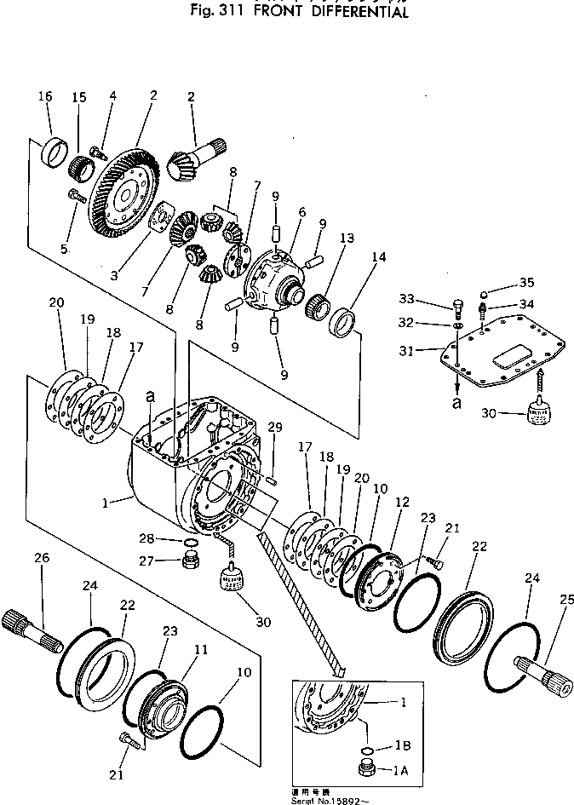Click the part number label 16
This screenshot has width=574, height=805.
pyautogui.click(x=44, y=97)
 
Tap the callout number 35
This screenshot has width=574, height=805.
pyautogui.click(x=527, y=284)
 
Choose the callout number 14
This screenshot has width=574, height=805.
pyautogui.click(x=377, y=256)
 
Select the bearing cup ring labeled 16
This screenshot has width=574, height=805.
pyautogui.click(x=55, y=154)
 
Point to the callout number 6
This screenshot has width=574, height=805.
pyautogui.click(x=301, y=212)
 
